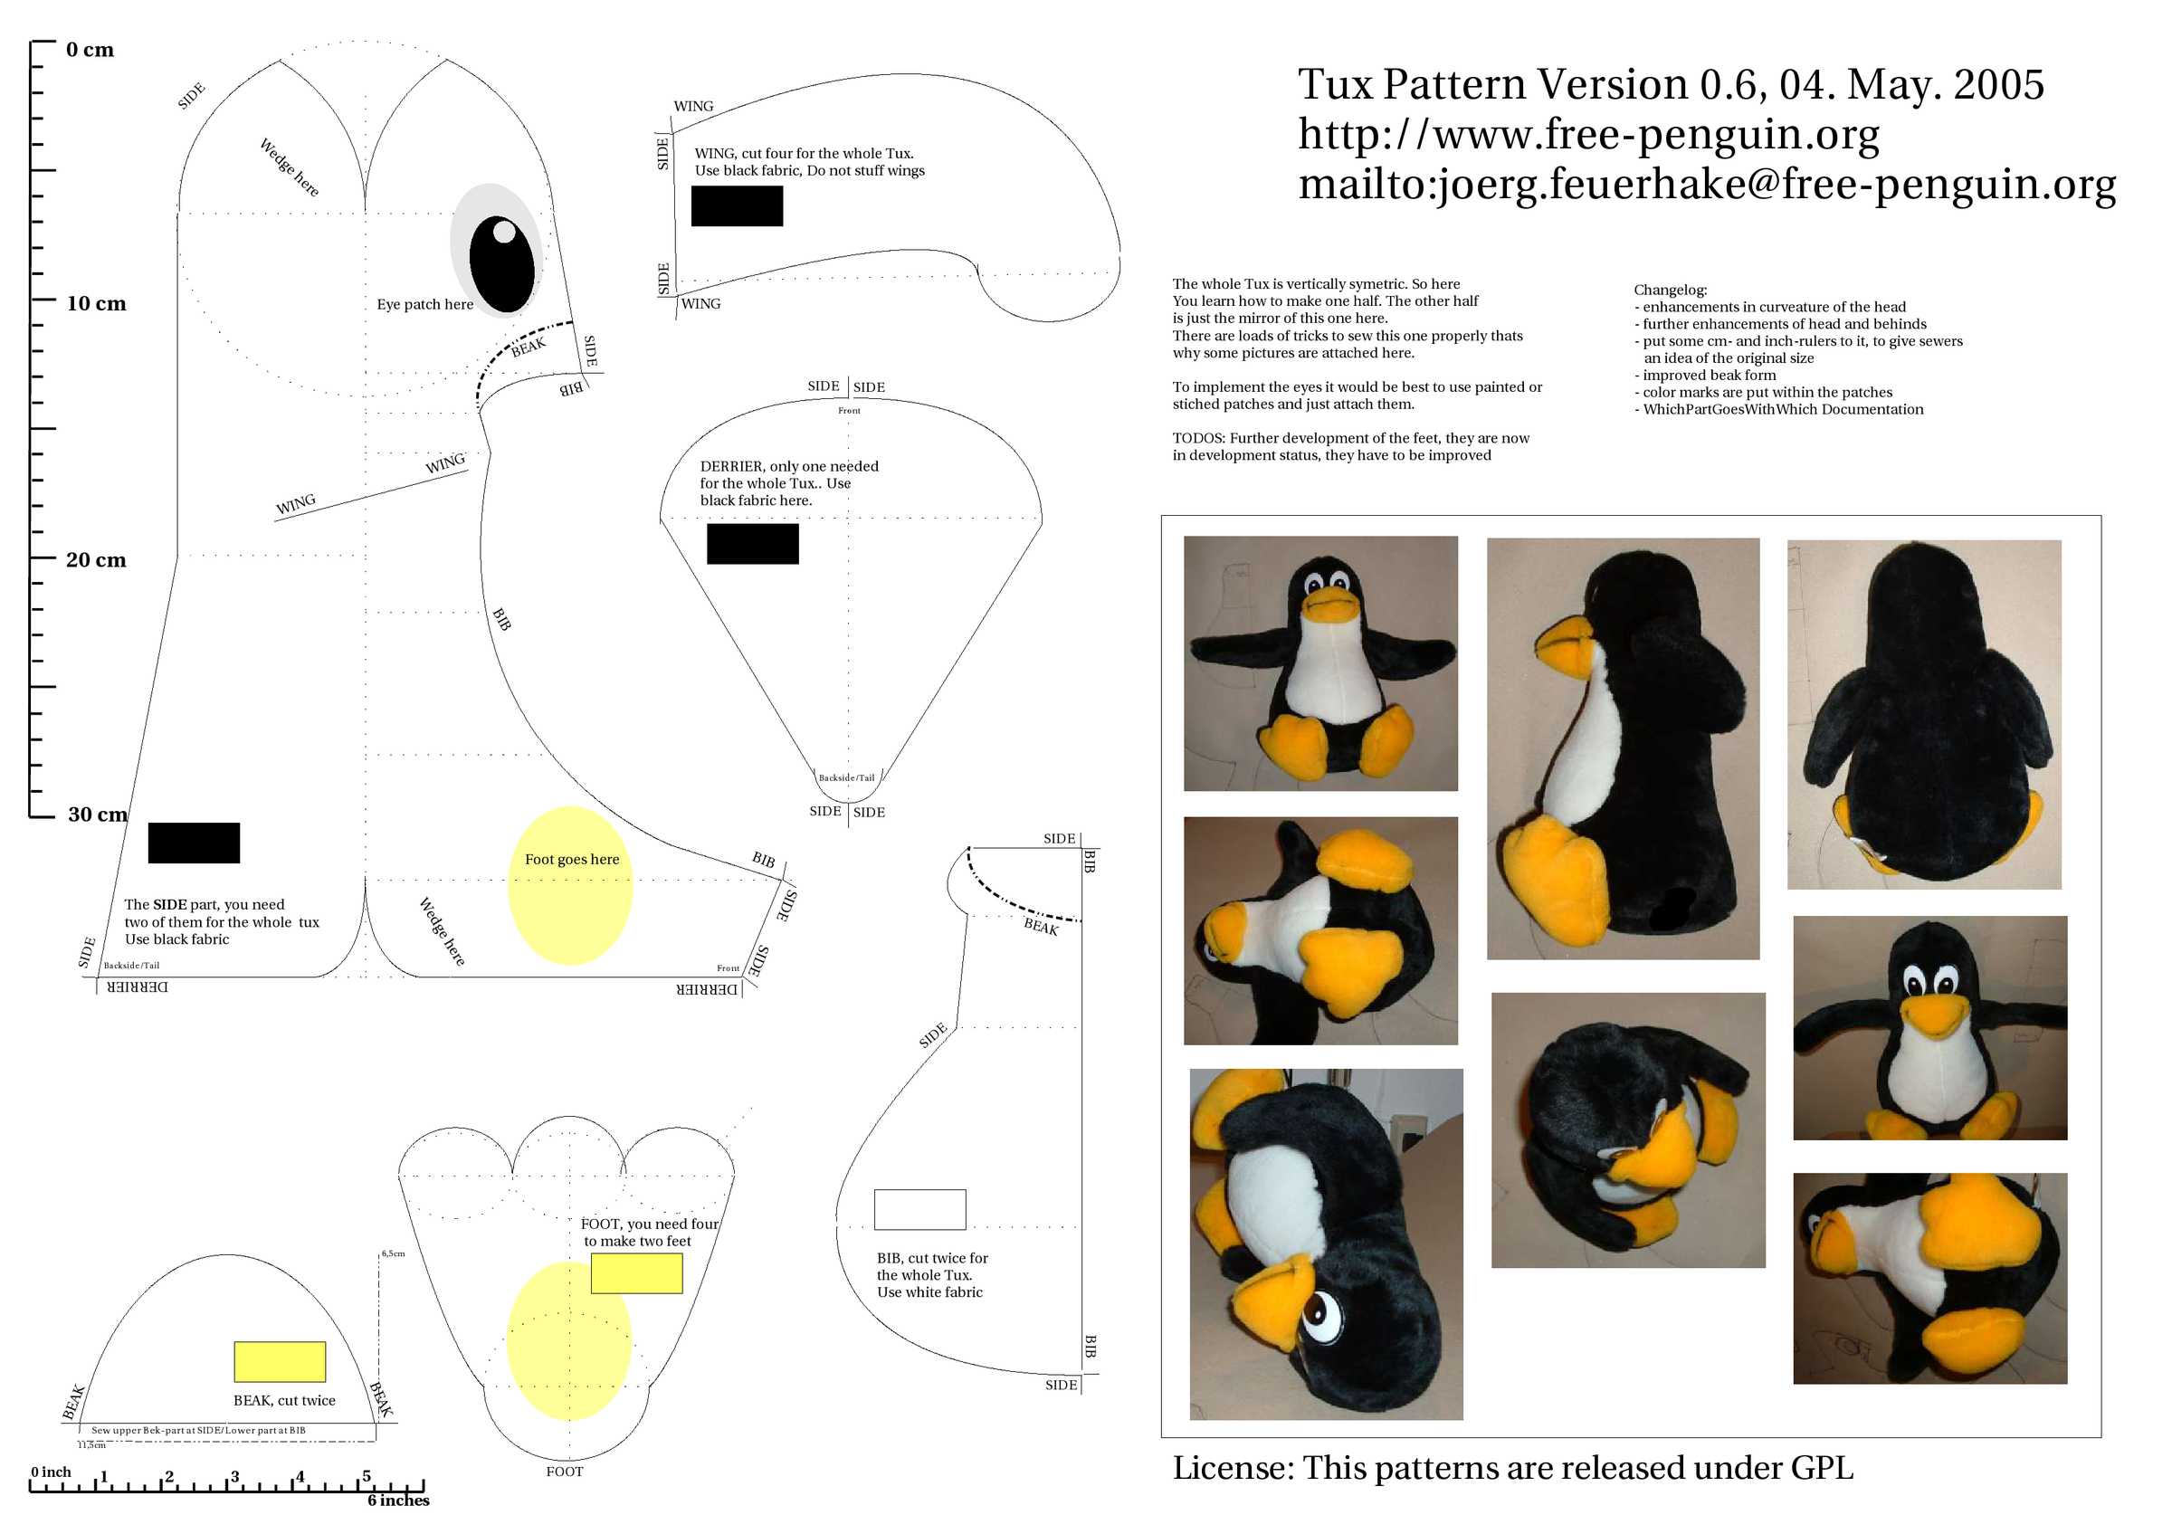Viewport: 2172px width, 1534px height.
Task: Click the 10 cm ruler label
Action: point(96,303)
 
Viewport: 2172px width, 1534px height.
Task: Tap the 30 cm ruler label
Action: point(98,815)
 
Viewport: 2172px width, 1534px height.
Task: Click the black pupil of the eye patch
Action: point(501,264)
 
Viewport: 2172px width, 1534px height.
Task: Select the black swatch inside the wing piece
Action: point(737,206)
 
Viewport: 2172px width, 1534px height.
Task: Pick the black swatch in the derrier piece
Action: point(753,544)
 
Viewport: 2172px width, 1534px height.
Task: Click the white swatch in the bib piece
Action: point(919,1210)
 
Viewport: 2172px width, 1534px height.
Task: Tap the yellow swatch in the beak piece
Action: point(280,1362)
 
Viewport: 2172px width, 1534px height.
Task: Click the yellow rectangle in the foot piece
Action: point(636,1273)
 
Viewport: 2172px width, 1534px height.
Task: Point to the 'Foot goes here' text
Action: point(571,859)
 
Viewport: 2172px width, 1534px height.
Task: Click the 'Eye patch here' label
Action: point(424,304)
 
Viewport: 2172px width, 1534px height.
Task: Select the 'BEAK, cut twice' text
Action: point(284,1401)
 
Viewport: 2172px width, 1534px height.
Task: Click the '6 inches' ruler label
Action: point(398,1501)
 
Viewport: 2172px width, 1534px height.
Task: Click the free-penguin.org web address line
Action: point(1588,134)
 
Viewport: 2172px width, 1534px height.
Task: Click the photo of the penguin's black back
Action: point(1924,714)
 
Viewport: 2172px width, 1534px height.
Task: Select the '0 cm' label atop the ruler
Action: point(90,50)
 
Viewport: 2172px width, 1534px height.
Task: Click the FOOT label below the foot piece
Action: point(565,1472)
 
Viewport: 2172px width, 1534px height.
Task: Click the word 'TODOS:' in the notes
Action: point(1197,439)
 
